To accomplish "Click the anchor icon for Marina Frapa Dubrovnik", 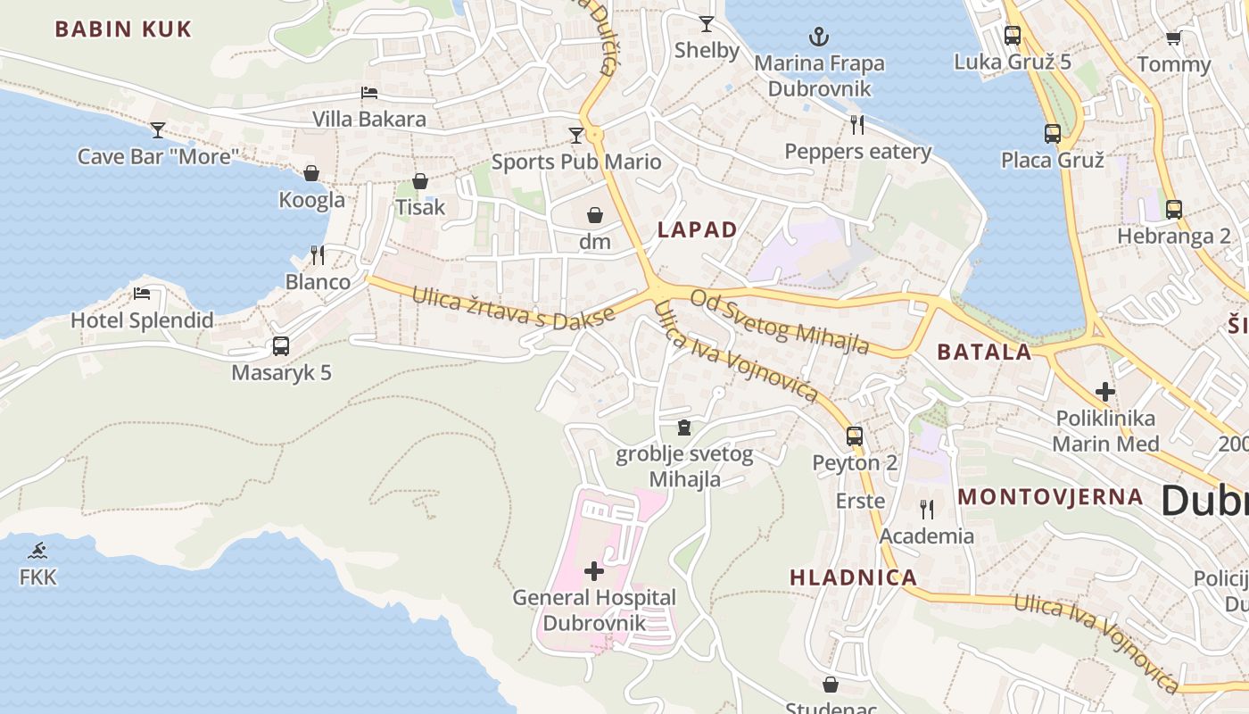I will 818,37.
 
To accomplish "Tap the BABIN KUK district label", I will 123,29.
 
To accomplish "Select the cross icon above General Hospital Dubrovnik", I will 594,570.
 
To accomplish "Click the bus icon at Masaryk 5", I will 281,346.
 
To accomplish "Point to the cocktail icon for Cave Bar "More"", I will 158,130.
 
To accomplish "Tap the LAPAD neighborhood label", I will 698,230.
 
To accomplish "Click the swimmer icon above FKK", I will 37,551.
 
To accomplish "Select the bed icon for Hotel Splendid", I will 142,294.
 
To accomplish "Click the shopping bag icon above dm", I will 595,215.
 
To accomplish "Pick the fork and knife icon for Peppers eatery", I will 857,124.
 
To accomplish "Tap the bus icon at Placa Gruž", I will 1053,134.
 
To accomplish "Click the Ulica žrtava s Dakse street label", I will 513,306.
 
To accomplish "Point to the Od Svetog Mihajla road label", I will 780,321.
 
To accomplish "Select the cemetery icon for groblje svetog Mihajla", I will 684,428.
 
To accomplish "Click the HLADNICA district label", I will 854,577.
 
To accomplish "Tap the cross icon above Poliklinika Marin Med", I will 1105,391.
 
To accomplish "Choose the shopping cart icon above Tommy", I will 1173,37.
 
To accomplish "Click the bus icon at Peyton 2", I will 855,436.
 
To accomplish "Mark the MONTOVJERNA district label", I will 1050,497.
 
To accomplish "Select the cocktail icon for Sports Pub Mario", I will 576,136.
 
